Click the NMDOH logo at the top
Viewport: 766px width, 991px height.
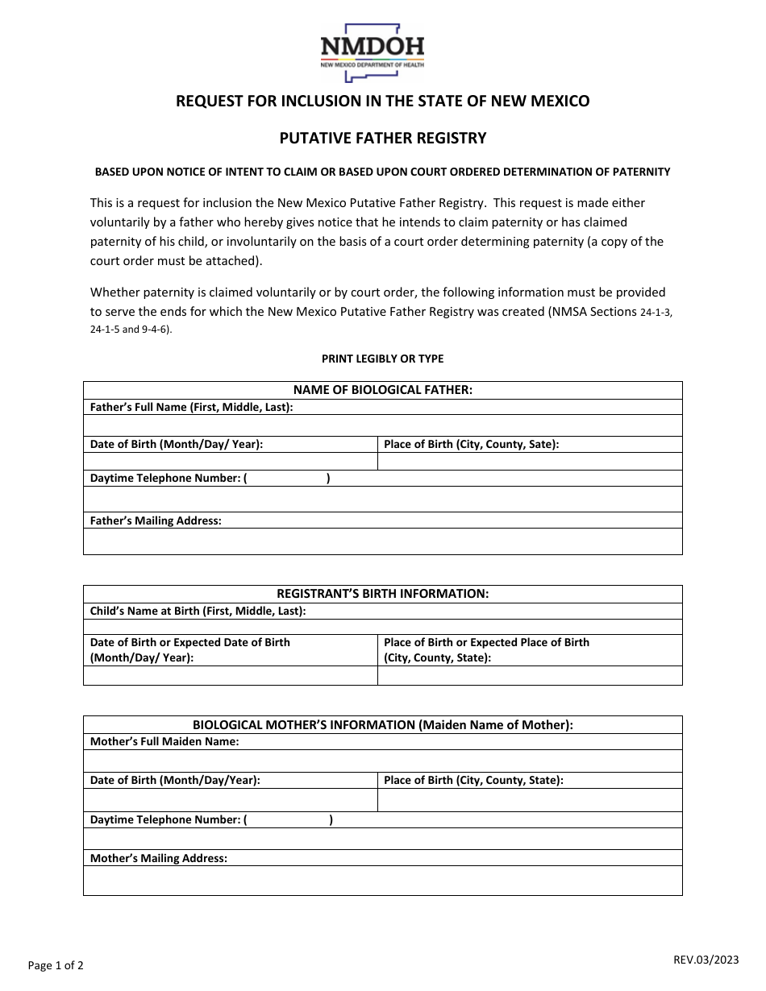click(x=372, y=52)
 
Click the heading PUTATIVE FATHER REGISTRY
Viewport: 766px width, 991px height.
click(x=383, y=138)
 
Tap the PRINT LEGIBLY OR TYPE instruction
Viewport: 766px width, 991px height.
click(x=382, y=359)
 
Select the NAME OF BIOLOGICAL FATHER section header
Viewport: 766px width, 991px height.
click(x=382, y=390)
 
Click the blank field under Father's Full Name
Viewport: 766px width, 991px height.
click(x=382, y=425)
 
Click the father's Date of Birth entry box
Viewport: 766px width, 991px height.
click(x=230, y=461)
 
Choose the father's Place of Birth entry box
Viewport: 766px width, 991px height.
click(x=530, y=461)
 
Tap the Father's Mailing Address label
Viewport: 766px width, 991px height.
click(x=156, y=520)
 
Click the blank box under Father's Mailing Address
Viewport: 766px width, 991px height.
click(x=382, y=541)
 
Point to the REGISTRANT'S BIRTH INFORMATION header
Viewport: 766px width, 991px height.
click(x=382, y=594)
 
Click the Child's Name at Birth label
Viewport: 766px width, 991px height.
click(x=198, y=611)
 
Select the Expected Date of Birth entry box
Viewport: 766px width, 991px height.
click(x=230, y=675)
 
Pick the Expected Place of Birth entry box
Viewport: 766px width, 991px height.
click(x=530, y=675)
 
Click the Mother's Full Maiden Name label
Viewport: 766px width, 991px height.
click(x=164, y=741)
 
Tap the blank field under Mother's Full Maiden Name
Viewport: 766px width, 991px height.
click(x=382, y=761)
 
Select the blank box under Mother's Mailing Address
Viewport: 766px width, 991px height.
click(x=382, y=881)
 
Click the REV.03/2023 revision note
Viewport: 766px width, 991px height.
click(x=706, y=959)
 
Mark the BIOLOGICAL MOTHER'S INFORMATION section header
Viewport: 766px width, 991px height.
click(x=382, y=724)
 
